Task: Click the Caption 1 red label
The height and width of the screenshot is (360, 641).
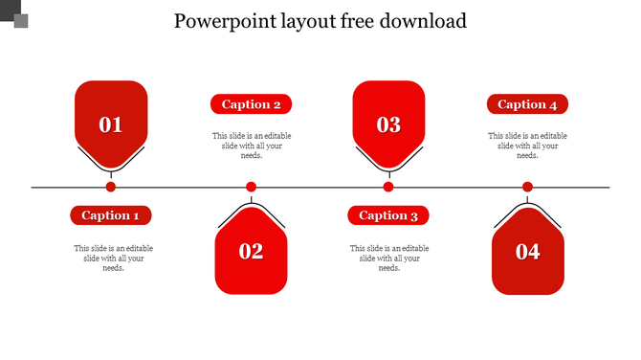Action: [111, 215]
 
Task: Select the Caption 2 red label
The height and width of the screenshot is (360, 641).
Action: [251, 104]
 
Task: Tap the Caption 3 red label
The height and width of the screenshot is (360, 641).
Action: [388, 215]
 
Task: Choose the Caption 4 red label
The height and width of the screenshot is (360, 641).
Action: [527, 104]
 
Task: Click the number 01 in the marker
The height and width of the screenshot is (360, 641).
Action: [111, 124]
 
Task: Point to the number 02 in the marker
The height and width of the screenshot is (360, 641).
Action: [251, 252]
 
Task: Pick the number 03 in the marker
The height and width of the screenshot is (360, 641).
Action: [388, 124]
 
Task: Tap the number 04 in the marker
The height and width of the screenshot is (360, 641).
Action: [527, 252]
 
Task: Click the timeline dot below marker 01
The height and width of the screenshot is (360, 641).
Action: [111, 187]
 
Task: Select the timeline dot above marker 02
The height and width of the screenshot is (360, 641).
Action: [251, 187]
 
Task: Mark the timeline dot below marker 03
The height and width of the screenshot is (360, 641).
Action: [388, 187]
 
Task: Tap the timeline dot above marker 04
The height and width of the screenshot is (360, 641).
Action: [527, 187]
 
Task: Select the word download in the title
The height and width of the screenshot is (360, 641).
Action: [422, 20]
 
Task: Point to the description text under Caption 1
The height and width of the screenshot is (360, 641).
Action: [113, 258]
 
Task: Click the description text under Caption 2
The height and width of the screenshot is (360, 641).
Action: [252, 146]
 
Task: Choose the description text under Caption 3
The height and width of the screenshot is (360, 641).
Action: [389, 258]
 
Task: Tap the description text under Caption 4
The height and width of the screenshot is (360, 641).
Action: [527, 146]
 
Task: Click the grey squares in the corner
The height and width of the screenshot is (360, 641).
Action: [13, 14]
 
